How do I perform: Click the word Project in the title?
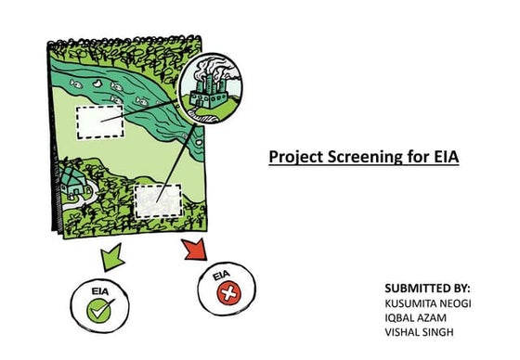point(293,157)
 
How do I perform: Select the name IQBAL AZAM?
point(416,318)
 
